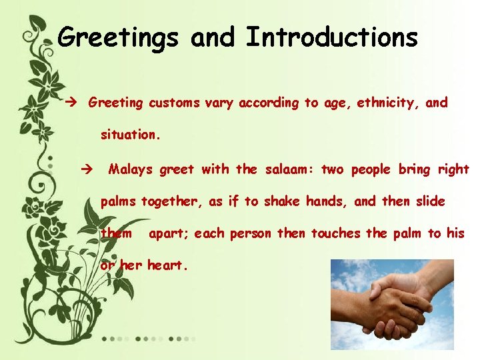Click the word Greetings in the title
point(119,38)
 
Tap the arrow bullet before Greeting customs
point(74,103)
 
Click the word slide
point(429,201)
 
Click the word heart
point(168,265)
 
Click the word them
point(116,233)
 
